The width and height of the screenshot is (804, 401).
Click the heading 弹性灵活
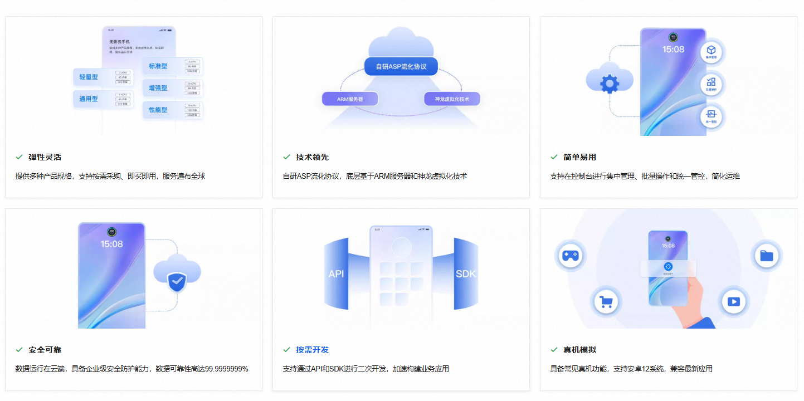point(45,157)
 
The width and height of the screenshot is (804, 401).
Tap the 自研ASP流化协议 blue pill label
point(401,66)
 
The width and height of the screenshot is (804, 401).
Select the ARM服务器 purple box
point(350,99)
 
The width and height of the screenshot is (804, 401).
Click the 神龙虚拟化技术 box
point(452,99)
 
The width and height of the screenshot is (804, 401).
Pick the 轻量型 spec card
point(103,77)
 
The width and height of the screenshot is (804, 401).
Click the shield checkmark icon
point(177,282)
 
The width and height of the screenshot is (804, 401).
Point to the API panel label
point(337,274)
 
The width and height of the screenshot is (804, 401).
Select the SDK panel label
point(466,274)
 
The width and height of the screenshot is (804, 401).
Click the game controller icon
point(570,256)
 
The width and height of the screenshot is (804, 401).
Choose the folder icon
point(767,256)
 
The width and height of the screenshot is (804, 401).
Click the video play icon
point(733,302)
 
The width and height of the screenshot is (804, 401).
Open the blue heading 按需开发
point(313,350)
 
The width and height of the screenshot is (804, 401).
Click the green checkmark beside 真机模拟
point(554,350)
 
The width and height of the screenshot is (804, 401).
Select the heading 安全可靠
point(45,350)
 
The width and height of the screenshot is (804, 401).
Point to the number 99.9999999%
point(227,369)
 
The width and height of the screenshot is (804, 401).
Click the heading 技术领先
point(313,157)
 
